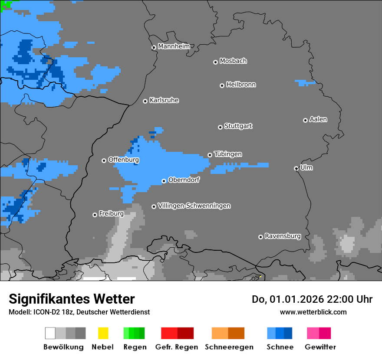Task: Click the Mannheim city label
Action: coord(174,46)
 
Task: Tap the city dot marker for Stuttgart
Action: coord(220,127)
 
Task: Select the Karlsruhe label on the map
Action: coord(164,100)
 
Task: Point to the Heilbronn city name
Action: coord(241,85)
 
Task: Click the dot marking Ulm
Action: coord(296,168)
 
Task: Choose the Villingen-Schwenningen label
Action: coord(194,206)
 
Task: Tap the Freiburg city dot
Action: coord(95,215)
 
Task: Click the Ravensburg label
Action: coord(283,236)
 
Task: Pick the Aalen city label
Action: coord(318,119)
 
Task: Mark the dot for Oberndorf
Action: coord(164,181)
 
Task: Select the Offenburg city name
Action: coord(124,160)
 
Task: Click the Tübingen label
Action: coord(228,154)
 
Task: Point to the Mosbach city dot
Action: coord(215,62)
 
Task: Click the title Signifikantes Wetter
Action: coord(72,299)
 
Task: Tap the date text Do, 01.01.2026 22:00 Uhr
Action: coord(312,299)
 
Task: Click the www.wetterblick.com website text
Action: coord(313,312)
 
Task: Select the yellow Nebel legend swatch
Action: coord(103,333)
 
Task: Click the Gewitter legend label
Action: coord(320,347)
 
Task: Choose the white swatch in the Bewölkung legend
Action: coord(50,333)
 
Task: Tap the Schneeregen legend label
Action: coord(229,347)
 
